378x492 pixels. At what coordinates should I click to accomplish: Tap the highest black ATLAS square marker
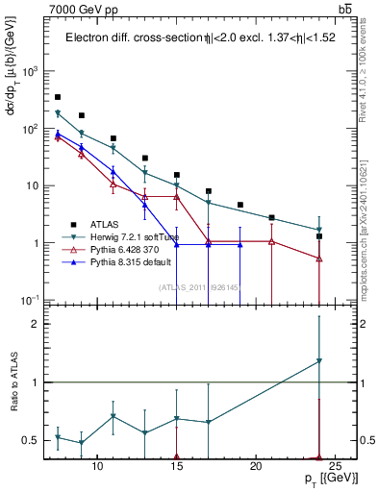pyautogui.click(x=58, y=97)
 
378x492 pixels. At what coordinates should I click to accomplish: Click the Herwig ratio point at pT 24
pyautogui.click(x=319, y=361)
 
